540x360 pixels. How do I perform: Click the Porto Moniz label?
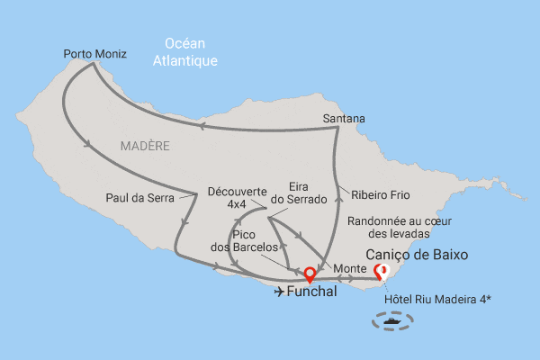tap(94, 54)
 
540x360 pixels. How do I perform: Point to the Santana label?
tap(344, 119)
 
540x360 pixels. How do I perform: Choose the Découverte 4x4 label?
tap(237, 197)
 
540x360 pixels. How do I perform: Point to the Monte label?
tap(348, 268)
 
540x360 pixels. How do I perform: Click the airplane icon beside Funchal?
tap(278, 292)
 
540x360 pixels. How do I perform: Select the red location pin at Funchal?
tap(310, 274)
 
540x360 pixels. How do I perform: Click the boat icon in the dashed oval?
tap(392, 319)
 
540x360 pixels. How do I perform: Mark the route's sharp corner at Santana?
tap(337, 127)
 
